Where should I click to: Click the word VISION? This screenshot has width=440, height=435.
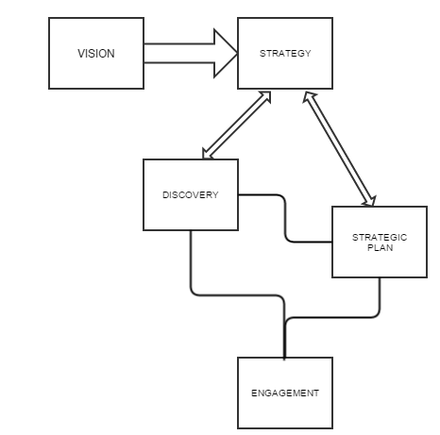point(96,54)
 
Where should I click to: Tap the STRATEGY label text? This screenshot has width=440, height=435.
point(285,54)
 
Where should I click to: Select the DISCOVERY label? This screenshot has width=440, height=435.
point(191,195)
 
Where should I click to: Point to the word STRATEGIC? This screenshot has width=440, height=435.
point(380,237)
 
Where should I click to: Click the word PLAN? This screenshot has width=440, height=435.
point(381,248)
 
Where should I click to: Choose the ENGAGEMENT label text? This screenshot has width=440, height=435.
point(285,393)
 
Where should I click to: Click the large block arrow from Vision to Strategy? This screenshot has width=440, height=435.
point(191,54)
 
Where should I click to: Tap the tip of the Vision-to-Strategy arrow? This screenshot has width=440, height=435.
point(238,54)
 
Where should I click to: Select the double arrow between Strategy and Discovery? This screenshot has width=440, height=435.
point(237,125)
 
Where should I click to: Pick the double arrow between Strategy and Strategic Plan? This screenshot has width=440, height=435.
point(339,149)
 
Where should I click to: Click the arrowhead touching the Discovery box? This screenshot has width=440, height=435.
point(207,155)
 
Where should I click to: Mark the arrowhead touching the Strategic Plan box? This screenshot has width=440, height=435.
point(370,201)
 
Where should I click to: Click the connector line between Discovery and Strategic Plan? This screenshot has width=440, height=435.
point(285,219)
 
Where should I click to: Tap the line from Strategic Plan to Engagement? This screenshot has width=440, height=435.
point(333,318)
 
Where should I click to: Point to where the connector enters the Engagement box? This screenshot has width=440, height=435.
point(284,358)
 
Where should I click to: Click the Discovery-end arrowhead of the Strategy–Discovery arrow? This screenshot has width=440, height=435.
point(207,155)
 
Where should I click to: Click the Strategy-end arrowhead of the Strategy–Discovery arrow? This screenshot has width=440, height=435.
point(265,96)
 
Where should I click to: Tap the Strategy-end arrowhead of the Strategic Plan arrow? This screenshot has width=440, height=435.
point(309,97)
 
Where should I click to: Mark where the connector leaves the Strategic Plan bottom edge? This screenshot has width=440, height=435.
point(380,277)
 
